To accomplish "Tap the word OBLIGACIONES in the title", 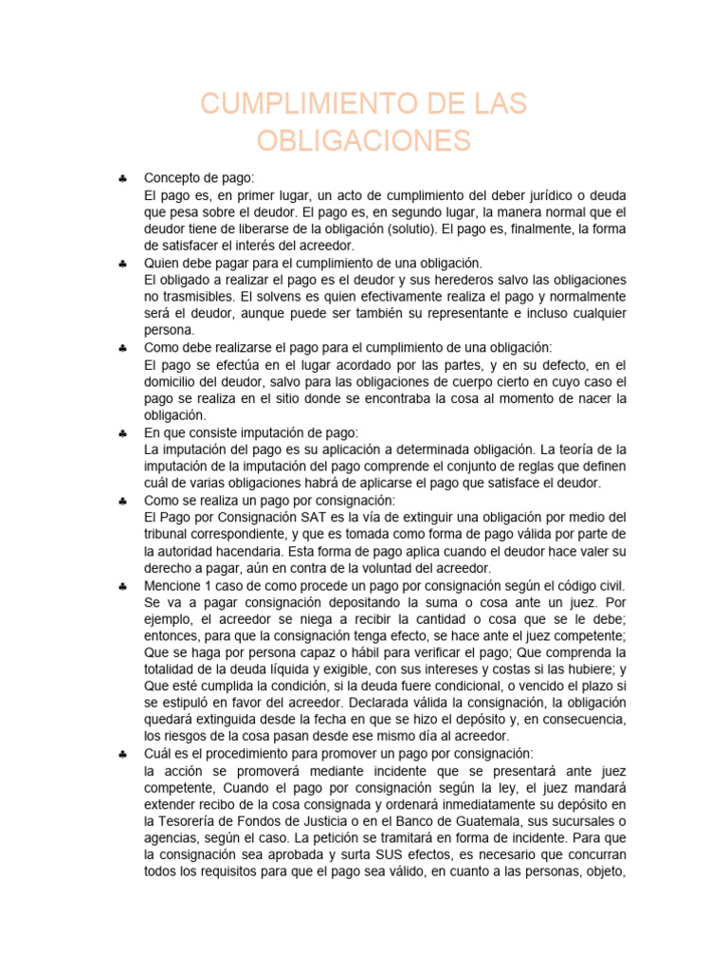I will (x=364, y=140).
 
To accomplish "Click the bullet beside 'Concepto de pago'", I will (x=123, y=178).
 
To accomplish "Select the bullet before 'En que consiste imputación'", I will (x=123, y=432).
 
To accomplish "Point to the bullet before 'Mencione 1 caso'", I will (x=123, y=586).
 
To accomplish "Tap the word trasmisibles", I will (x=201, y=297).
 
